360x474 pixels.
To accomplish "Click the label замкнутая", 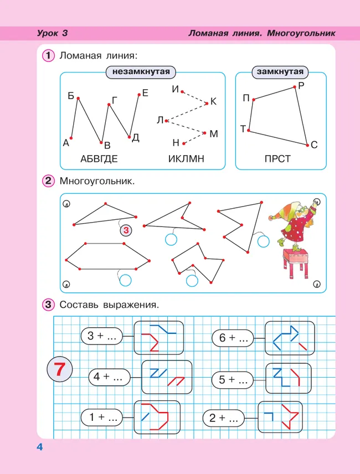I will (280, 72).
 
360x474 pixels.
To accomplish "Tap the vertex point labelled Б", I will (78, 99).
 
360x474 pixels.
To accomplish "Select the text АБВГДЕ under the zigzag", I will (99, 159).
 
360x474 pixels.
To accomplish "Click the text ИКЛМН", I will (186, 159).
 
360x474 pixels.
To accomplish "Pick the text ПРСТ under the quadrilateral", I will (277, 159).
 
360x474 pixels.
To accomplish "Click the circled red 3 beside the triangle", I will (126, 230).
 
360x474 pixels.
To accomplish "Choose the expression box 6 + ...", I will (233, 338).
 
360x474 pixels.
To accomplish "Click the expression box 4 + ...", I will (109, 377).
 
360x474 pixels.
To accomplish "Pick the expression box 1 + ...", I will (102, 418).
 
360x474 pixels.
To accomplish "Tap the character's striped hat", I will (286, 213).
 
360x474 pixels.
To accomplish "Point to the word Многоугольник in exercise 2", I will (97, 181).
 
